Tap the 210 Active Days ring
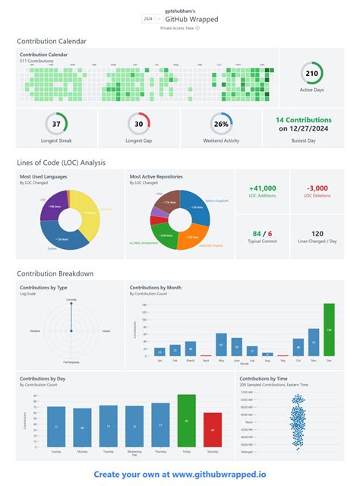[311, 74]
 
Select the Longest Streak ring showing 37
[56, 125]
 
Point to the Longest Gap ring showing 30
[139, 125]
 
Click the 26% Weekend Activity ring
[221, 125]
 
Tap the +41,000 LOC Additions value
[262, 188]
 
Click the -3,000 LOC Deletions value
[317, 188]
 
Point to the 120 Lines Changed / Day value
[317, 233]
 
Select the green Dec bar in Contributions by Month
[329, 330]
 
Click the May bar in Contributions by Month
[221, 344]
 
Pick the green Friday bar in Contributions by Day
[187, 419]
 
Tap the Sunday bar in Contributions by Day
[56, 426]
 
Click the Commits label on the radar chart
[71, 301]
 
